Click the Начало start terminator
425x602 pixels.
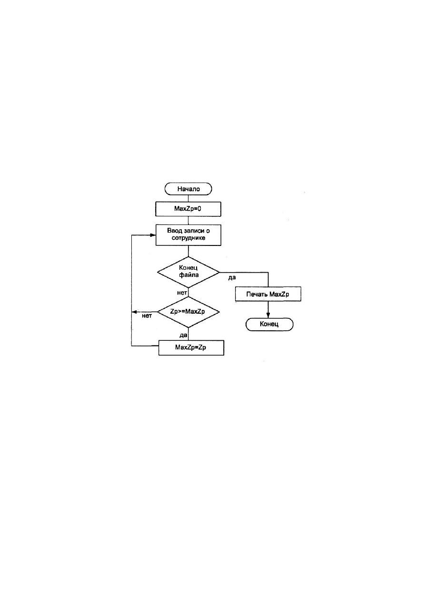coord(188,189)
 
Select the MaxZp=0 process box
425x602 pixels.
coord(188,209)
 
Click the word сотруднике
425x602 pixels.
coord(188,238)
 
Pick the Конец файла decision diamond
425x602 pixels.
coord(188,272)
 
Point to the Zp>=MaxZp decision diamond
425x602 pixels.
coord(188,312)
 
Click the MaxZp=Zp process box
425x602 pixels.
coord(191,348)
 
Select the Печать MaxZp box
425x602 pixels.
coord(268,294)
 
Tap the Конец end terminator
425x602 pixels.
coord(269,324)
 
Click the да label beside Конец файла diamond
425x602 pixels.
coord(232,277)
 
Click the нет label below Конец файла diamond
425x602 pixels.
coord(182,293)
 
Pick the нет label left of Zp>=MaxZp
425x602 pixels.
coord(147,316)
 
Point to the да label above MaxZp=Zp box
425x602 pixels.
coord(183,335)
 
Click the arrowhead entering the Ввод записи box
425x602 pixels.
coord(153,235)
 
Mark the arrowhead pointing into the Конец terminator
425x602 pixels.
coord(268,315)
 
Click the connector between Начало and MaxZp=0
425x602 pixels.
coord(188,198)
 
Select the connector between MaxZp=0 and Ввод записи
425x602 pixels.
coord(188,220)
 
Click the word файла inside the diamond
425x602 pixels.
coord(189,275)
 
